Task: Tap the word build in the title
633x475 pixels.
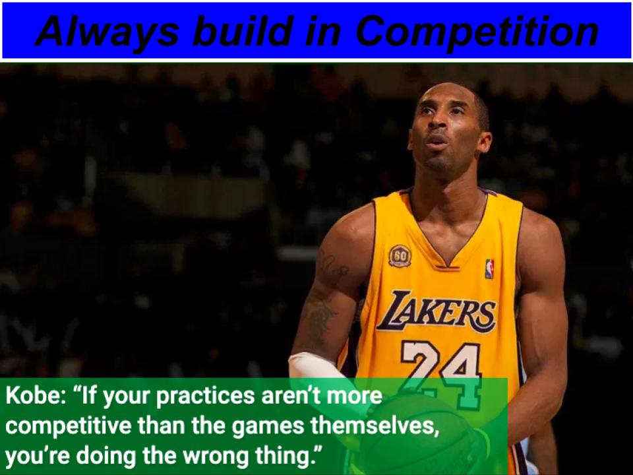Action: point(242,31)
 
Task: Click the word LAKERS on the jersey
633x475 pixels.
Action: point(437,311)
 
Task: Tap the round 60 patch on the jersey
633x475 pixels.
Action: point(400,256)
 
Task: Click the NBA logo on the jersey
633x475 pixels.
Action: point(489,269)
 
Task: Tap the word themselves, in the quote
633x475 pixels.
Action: point(375,427)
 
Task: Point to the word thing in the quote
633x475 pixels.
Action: point(282,457)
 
